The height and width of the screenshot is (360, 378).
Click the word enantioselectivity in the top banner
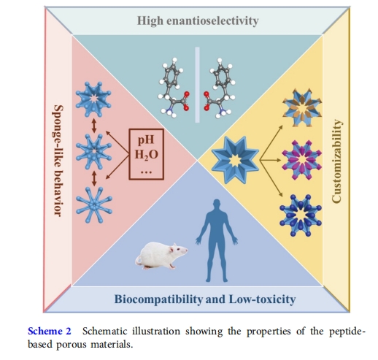212,21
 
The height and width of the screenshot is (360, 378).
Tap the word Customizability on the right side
337,161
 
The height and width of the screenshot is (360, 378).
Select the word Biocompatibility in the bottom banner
158,299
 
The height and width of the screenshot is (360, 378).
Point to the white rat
161,256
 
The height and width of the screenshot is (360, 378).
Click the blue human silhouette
217,240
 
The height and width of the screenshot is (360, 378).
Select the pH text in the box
146,140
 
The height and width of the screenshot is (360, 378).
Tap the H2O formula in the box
147,155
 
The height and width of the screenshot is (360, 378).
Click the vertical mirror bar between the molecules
197,85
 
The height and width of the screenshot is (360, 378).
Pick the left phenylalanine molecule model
173,88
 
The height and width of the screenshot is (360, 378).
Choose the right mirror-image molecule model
220,88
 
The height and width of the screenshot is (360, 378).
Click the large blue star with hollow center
235,160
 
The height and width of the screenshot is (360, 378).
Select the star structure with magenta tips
301,160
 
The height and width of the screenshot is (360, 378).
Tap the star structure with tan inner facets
302,107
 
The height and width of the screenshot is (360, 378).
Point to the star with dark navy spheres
301,215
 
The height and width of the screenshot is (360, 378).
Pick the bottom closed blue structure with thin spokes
94,205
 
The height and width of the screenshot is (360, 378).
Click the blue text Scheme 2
50,332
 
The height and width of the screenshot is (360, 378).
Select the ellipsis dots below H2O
147,172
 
